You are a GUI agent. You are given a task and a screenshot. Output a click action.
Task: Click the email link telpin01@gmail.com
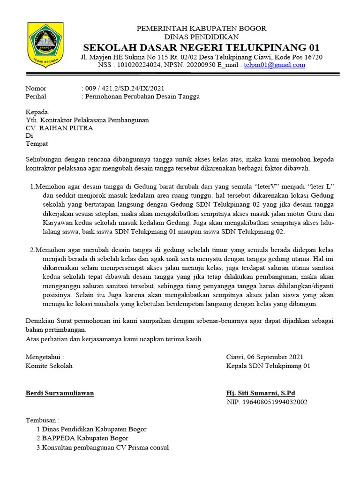(x=275, y=65)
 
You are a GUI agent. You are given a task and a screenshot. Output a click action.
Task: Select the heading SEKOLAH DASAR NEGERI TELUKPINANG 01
(x=201, y=47)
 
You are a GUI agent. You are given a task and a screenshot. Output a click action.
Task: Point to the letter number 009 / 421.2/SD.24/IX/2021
(x=123, y=88)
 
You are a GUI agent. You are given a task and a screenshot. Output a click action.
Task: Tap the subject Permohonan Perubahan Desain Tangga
(x=141, y=97)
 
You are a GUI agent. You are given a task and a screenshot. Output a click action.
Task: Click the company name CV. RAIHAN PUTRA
(x=59, y=128)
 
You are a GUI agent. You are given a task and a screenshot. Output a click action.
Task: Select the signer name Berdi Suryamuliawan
(x=60, y=393)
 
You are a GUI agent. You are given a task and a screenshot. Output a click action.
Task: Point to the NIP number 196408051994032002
(x=267, y=402)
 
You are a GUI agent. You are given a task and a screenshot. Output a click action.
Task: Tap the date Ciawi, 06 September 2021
(x=264, y=357)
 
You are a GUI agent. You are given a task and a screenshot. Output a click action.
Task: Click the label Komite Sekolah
(x=49, y=366)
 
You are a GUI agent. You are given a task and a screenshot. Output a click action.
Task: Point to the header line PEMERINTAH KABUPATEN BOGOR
(x=201, y=29)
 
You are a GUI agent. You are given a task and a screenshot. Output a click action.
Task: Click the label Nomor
(x=36, y=88)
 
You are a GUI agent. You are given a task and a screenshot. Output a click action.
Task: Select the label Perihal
(x=37, y=97)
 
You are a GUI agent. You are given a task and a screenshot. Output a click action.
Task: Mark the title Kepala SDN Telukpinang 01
(x=268, y=366)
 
